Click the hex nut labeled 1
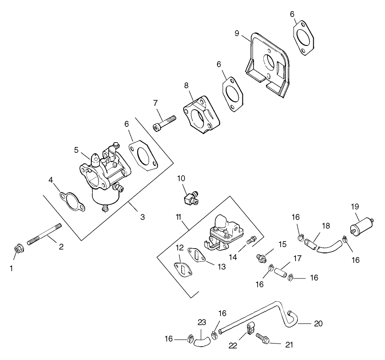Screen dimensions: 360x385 [x=19, y=247]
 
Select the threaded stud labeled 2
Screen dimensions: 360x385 [x=44, y=234]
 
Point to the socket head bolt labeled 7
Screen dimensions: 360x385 [x=164, y=123]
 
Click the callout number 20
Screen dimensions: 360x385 [x=318, y=323]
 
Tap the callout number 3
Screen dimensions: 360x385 [x=142, y=217]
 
